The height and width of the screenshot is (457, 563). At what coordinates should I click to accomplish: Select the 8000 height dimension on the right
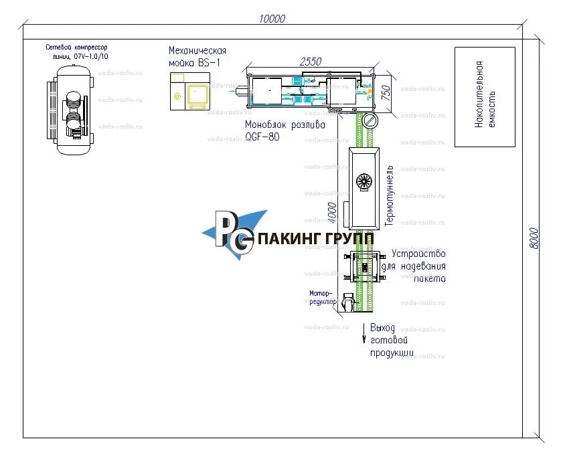coord(534,238)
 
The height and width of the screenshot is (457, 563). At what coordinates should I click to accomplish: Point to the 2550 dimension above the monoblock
coord(311,62)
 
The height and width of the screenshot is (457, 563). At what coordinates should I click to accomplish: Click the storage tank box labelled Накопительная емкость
coord(485,96)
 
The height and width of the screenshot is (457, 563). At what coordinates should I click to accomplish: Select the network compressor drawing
coord(72,110)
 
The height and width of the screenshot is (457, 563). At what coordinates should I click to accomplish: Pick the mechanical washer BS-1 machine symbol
coord(189,92)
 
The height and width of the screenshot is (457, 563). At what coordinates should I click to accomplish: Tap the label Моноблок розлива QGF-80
coord(275,130)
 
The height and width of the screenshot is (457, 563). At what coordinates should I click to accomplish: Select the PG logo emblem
coord(234,232)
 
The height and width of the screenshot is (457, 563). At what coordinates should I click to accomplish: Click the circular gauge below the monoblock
coord(370,121)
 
